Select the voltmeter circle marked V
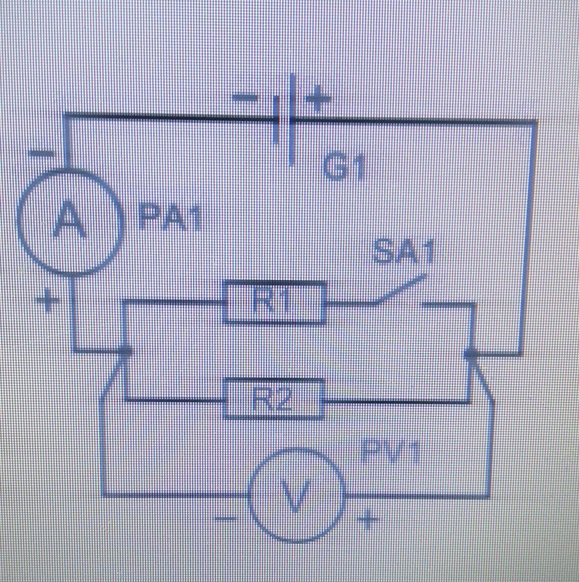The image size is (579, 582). pos(296,495)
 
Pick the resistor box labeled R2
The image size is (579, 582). pos(274,399)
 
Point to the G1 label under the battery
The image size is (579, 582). pos(344,168)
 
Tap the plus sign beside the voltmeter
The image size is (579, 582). pos(369,519)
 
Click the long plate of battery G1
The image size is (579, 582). pos(292,119)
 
